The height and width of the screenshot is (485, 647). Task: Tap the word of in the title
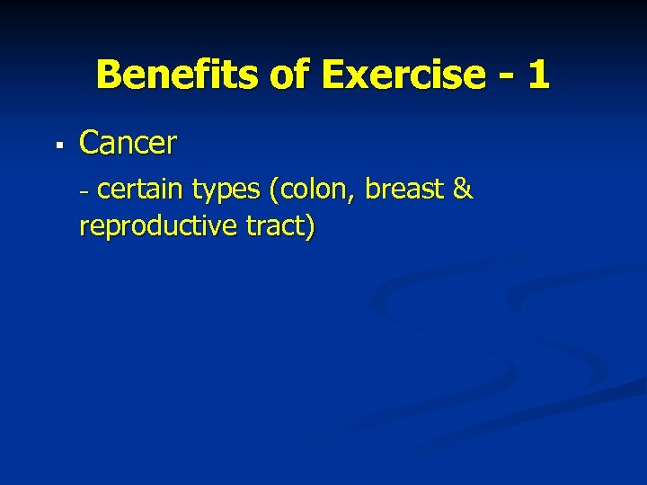(x=289, y=75)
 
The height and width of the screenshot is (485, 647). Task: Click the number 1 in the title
(x=538, y=75)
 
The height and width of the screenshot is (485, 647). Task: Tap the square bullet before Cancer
(x=57, y=144)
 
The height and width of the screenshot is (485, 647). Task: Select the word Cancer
(x=129, y=143)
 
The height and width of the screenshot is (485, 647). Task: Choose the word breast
(x=403, y=190)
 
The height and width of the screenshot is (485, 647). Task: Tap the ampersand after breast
(x=463, y=190)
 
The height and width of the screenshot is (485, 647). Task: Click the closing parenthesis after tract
(x=310, y=227)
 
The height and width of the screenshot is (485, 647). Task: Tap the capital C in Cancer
(x=90, y=143)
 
